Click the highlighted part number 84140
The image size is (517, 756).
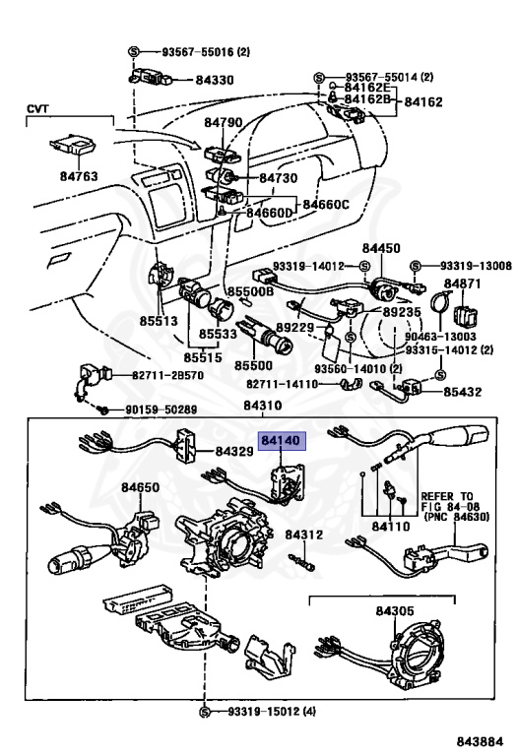click(x=281, y=441)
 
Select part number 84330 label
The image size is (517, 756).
click(x=214, y=80)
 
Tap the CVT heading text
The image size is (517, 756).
click(x=37, y=108)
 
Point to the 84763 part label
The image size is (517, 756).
click(x=79, y=176)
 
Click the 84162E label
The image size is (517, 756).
click(x=366, y=88)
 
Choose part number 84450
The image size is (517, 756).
click(x=381, y=248)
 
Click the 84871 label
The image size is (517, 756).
click(x=463, y=283)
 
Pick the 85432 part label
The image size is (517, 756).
click(x=463, y=392)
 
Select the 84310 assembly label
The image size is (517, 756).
click(x=262, y=406)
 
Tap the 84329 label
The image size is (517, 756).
click(x=234, y=452)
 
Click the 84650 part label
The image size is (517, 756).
click(x=140, y=487)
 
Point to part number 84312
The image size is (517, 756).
click(x=304, y=535)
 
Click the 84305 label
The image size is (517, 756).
click(x=395, y=611)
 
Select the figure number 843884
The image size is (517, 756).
click(x=480, y=741)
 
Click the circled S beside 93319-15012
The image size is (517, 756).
click(x=205, y=712)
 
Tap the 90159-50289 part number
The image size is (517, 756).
click(x=162, y=409)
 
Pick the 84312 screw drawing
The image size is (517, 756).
click(x=302, y=562)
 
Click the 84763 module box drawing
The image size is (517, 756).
click(x=72, y=145)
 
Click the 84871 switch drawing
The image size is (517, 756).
click(x=467, y=315)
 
